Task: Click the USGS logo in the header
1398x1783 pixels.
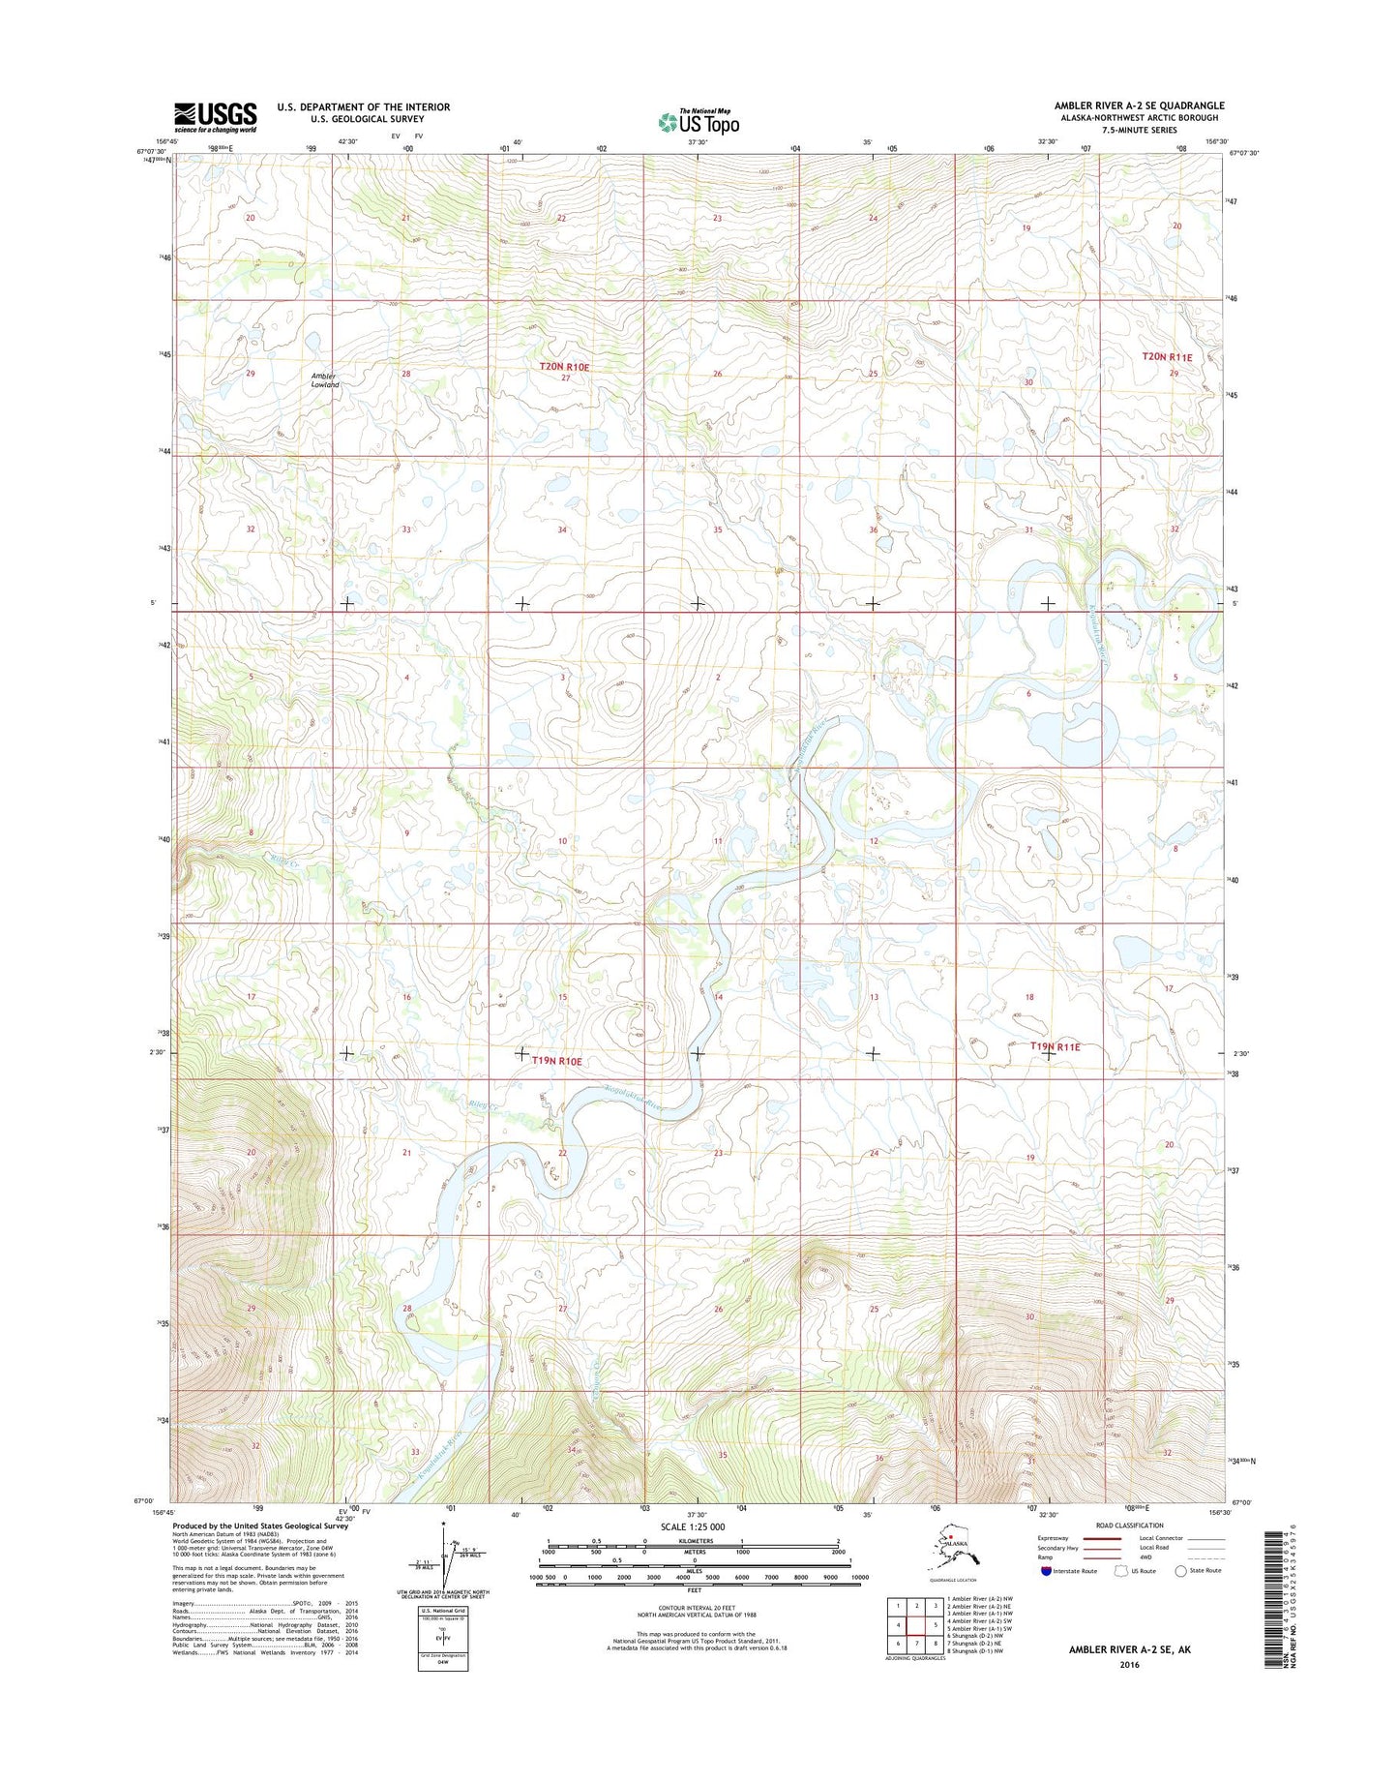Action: (x=215, y=117)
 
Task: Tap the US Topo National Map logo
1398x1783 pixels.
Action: (x=698, y=122)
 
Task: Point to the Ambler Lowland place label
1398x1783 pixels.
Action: (x=325, y=379)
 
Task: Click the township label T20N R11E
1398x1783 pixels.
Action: (x=1167, y=357)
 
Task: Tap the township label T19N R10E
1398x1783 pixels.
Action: (x=556, y=1061)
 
